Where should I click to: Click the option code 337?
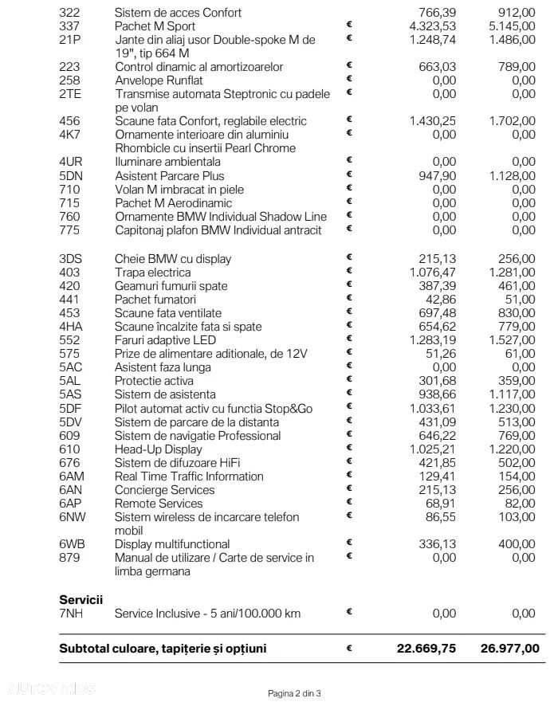(x=69, y=26)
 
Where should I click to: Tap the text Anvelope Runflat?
(x=159, y=80)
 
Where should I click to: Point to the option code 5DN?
(x=71, y=176)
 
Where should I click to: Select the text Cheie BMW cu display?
(x=173, y=259)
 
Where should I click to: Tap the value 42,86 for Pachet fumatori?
(x=439, y=300)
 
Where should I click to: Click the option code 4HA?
(x=71, y=327)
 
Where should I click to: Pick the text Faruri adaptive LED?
(x=165, y=340)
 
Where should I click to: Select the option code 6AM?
(x=72, y=476)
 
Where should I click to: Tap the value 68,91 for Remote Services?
(x=439, y=504)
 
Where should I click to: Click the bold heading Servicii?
(x=81, y=599)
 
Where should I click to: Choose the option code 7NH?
(x=71, y=614)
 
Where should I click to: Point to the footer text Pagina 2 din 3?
(x=294, y=693)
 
